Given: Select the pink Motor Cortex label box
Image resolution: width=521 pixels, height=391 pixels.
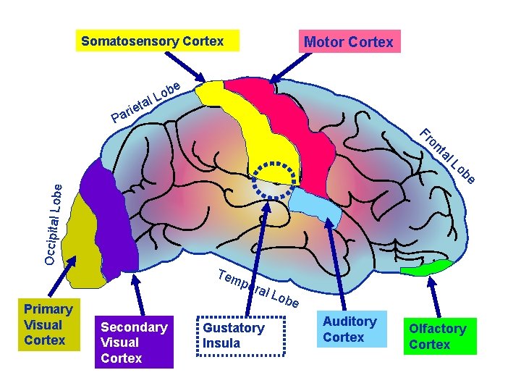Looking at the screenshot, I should pos(348,41).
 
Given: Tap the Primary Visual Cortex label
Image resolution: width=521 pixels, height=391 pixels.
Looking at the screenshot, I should pos(48,324).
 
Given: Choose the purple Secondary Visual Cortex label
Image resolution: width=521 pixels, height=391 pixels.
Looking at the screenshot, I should pos(134,342).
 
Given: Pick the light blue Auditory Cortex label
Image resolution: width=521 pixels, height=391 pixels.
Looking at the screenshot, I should pos(350,329).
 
